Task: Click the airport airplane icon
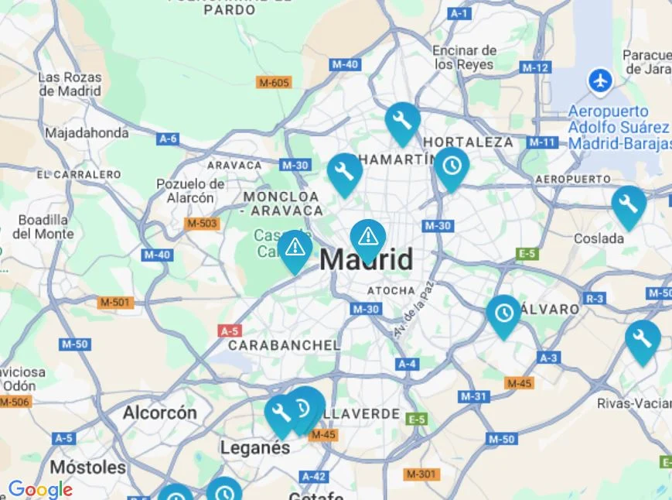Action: tap(599, 80)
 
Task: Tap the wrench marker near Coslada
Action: tap(629, 204)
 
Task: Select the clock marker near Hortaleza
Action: tap(452, 166)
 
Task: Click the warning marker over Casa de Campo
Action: tap(295, 248)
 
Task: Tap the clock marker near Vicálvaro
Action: tap(504, 313)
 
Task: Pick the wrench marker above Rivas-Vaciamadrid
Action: tap(642, 338)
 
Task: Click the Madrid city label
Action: tap(367, 260)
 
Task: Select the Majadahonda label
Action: tap(87, 133)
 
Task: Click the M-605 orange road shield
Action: tap(275, 82)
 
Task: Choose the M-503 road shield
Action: tap(202, 224)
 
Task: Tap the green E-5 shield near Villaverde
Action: tap(416, 419)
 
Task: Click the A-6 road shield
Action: tap(168, 139)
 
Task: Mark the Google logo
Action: tap(40, 489)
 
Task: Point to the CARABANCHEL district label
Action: tap(284, 345)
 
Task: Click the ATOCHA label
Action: tap(385, 291)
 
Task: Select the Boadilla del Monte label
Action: tap(43, 227)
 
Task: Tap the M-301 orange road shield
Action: tap(421, 474)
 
